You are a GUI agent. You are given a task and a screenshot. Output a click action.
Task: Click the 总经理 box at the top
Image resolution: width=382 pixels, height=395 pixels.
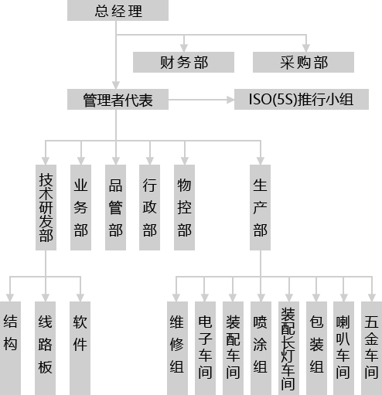118,10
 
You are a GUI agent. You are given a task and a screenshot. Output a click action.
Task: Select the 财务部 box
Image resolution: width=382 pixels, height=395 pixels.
183,62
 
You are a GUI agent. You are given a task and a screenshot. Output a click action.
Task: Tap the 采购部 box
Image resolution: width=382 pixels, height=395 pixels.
303,62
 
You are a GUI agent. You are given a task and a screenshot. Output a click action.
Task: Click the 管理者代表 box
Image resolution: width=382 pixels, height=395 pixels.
118,100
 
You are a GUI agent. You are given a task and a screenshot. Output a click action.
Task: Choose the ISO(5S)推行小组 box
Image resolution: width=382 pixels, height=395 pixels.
302,100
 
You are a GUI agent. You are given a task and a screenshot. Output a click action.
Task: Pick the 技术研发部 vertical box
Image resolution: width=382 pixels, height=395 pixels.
46,207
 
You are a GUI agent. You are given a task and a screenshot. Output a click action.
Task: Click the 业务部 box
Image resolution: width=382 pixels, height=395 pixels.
80,207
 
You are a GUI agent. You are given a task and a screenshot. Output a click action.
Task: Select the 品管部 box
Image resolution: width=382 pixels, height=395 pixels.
115,207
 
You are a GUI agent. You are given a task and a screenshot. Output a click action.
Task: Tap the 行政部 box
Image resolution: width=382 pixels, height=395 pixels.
149,207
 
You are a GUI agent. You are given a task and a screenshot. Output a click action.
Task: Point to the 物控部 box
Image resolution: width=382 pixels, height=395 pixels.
184,207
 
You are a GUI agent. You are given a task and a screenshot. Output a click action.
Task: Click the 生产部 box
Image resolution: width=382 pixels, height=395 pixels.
260,207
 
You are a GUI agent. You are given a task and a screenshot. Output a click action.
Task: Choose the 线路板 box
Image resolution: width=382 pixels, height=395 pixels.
45,348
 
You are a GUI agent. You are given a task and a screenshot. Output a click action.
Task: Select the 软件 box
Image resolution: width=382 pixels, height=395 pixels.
80,348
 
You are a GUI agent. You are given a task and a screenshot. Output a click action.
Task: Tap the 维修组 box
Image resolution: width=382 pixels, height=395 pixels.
177,348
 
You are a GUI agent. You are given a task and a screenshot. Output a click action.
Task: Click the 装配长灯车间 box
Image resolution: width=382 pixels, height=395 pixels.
288,348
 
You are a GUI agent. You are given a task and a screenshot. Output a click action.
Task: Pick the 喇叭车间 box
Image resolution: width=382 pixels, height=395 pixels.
343,348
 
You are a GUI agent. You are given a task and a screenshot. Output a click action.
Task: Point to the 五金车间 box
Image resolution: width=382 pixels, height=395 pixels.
371,348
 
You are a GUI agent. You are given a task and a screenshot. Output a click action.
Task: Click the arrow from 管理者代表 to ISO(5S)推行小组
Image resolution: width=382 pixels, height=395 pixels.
201,100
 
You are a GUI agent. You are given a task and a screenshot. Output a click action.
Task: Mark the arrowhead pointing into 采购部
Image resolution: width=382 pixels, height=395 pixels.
306,48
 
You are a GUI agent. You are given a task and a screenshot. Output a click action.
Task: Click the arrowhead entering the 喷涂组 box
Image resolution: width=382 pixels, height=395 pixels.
261,298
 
